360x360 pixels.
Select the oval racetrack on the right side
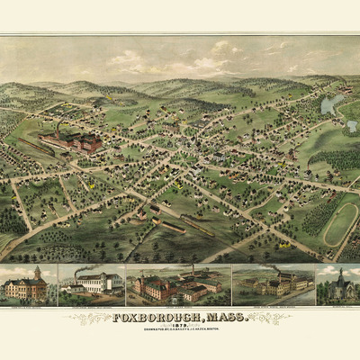click(339, 223)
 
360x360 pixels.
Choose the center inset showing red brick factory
click(175, 285)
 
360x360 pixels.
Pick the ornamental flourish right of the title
click(266, 318)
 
